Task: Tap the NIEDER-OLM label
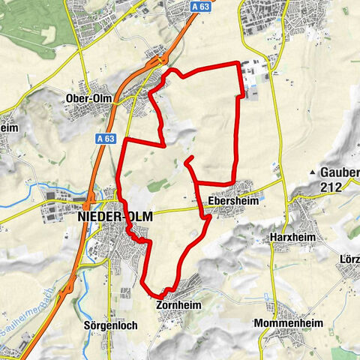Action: pos(115,216)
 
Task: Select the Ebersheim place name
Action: pos(228,200)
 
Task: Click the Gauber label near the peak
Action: pos(340,172)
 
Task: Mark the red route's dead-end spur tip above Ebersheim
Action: pos(185,159)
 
